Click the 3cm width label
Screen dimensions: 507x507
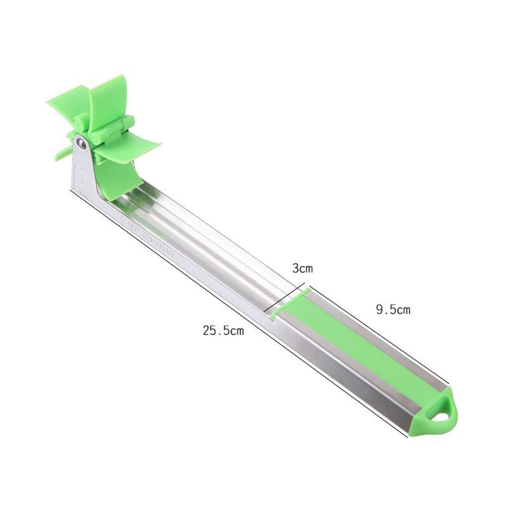coord(302,268)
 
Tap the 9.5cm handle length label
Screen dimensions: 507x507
coord(393,310)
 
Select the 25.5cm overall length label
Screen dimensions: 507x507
coord(223,330)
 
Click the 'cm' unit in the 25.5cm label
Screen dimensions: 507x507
coord(236,330)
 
